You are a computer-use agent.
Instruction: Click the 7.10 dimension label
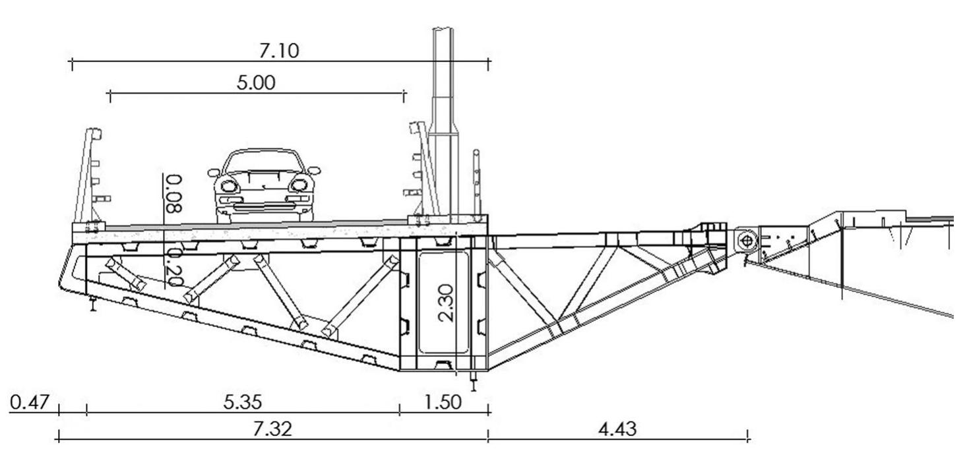(x=279, y=51)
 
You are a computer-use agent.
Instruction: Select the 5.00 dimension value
(x=256, y=82)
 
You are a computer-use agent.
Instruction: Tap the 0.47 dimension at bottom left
(x=30, y=402)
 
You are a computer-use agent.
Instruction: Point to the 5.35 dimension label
(x=243, y=402)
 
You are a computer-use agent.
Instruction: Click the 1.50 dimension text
(x=443, y=402)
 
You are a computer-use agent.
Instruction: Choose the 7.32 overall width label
(x=272, y=429)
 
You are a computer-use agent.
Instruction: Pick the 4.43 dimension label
(x=617, y=429)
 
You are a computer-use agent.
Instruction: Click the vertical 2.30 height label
(x=446, y=303)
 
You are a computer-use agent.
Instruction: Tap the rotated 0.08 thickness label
(x=174, y=194)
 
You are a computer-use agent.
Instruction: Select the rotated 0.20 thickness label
(x=175, y=268)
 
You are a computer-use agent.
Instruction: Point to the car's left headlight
(x=229, y=186)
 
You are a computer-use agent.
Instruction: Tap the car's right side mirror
(x=314, y=171)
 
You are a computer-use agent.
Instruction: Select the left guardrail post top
(x=94, y=134)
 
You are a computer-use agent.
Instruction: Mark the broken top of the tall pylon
(x=443, y=29)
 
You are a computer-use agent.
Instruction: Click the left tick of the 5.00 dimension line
(x=110, y=96)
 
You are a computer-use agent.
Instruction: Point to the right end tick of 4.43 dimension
(x=747, y=435)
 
